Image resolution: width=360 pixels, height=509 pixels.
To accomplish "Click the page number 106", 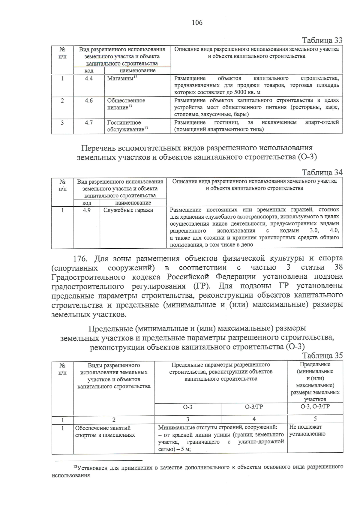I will coord(197,22).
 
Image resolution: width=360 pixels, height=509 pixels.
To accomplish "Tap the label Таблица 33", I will coord(322,40).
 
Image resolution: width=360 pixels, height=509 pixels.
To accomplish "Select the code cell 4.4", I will coord(89,79).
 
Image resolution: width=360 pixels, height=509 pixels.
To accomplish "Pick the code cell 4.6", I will coord(89,101).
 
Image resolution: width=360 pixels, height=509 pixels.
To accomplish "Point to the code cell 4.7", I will coord(89,123).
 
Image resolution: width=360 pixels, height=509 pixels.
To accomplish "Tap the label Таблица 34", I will coord(322,172).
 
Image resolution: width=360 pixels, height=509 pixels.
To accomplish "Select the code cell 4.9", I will coord(87,210).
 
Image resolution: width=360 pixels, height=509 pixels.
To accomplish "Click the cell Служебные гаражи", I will coord(128,210).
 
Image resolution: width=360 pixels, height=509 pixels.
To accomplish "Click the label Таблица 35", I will coord(322,356).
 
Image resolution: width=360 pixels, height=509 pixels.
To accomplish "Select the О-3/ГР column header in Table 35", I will coord(254,407).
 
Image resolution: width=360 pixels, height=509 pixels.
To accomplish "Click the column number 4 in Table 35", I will coord(254,419).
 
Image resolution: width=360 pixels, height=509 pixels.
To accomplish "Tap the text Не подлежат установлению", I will coord(307,430).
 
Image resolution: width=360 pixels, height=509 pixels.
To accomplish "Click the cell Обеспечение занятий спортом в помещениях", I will coord(105,431).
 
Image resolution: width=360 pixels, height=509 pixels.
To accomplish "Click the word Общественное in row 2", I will coord(126,101).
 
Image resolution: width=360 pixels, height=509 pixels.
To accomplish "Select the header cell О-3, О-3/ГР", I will coord(315,407).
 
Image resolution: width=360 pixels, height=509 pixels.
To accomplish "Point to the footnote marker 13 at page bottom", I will coord(75,467).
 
